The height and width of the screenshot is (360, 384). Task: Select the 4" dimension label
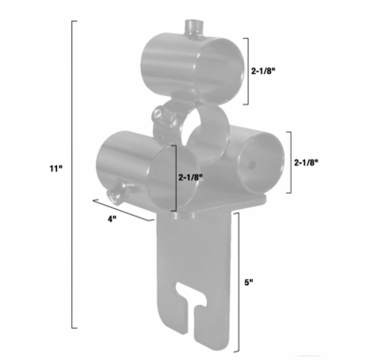pyautogui.click(x=111, y=219)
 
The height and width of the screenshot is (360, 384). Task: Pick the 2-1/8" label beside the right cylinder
pyautogui.click(x=306, y=162)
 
